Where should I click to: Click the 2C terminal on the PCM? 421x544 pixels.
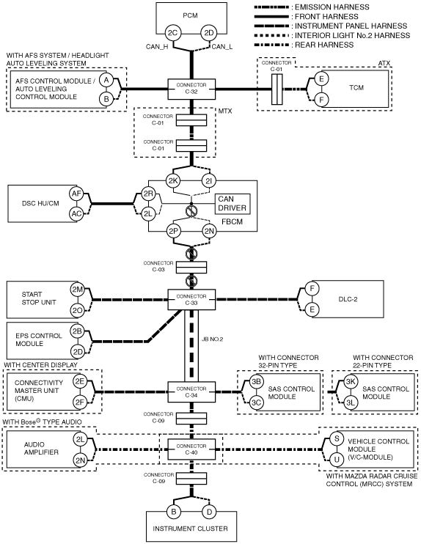[x=172, y=33]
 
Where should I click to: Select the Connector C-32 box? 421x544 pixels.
[x=191, y=89]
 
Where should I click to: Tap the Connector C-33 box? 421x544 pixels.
[x=191, y=299]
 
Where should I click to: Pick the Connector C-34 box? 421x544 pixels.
[x=191, y=392]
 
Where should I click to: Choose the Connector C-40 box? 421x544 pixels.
[x=191, y=449]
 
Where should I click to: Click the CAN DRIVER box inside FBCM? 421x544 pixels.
[x=233, y=204]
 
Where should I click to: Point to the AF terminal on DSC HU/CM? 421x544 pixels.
[x=76, y=194]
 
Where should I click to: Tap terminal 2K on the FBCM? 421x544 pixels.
[x=173, y=181]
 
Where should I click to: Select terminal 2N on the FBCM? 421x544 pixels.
[x=209, y=232]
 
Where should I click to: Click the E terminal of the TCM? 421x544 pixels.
[x=321, y=78]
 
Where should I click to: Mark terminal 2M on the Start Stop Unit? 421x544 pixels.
[x=78, y=289]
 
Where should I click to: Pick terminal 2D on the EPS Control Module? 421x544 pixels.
[x=78, y=352]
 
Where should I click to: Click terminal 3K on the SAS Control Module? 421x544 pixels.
[x=351, y=382]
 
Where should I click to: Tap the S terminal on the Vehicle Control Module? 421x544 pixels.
[x=337, y=438]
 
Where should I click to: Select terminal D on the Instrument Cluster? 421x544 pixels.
[x=209, y=512]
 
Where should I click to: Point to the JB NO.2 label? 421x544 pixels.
[x=213, y=339]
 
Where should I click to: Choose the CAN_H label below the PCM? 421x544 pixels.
[x=157, y=46]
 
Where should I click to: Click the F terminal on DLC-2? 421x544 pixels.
[x=312, y=288]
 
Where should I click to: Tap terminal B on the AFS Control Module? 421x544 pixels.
[x=106, y=99]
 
